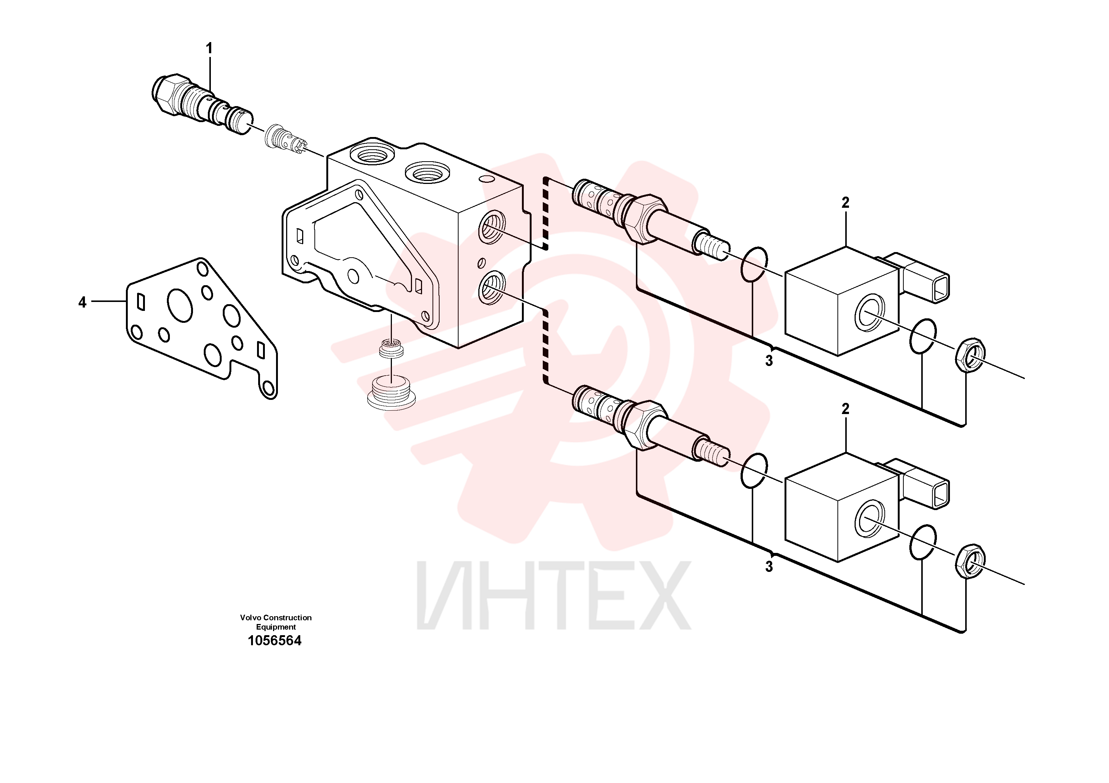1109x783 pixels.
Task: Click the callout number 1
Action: (x=209, y=48)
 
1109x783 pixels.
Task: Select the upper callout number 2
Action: (x=845, y=203)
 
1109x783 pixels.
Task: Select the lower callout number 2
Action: (x=845, y=409)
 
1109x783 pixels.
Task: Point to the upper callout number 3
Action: (x=769, y=361)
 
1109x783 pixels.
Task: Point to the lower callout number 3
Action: (x=769, y=567)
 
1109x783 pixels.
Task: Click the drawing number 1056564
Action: (x=274, y=641)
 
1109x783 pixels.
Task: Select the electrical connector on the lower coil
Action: (x=920, y=483)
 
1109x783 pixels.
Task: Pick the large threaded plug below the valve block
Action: (x=391, y=392)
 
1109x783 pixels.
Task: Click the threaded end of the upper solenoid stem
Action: (x=712, y=246)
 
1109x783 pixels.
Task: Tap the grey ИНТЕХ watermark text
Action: (x=554, y=596)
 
